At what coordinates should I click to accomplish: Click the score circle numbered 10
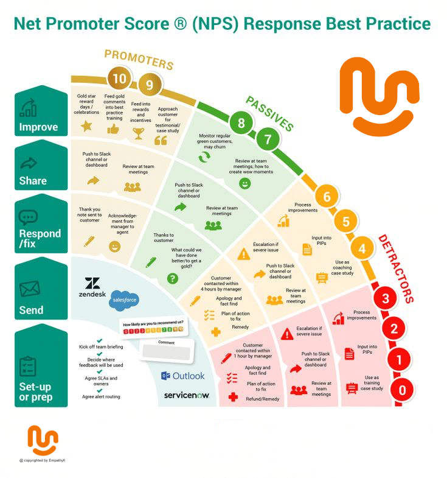[119, 79]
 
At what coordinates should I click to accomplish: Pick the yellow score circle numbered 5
[345, 222]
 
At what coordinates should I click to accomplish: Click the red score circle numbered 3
[386, 299]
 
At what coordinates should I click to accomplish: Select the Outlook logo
[183, 376]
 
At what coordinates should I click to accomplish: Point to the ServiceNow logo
[186, 395]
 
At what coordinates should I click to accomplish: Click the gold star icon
[86, 126]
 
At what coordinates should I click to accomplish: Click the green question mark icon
[173, 279]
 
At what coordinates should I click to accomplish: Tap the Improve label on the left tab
[39, 127]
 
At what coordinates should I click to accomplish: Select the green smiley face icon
[245, 183]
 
